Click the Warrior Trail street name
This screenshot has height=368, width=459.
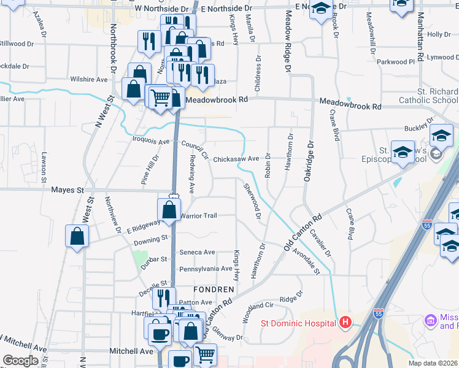coord(198,215)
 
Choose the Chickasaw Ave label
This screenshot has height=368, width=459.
coord(236,158)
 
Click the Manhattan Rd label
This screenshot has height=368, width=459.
coord(420,37)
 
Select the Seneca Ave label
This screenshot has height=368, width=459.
coord(197,252)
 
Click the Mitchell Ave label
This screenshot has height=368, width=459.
coord(131,351)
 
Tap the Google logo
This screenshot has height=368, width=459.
coord(21,361)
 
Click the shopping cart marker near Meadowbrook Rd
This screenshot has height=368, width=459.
coord(160,97)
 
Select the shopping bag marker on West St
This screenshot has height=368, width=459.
coord(77,236)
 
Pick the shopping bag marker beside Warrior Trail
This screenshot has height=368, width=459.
coord(169,210)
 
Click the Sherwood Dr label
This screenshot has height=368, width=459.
coord(252,202)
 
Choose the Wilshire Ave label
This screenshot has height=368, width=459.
coord(89,80)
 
